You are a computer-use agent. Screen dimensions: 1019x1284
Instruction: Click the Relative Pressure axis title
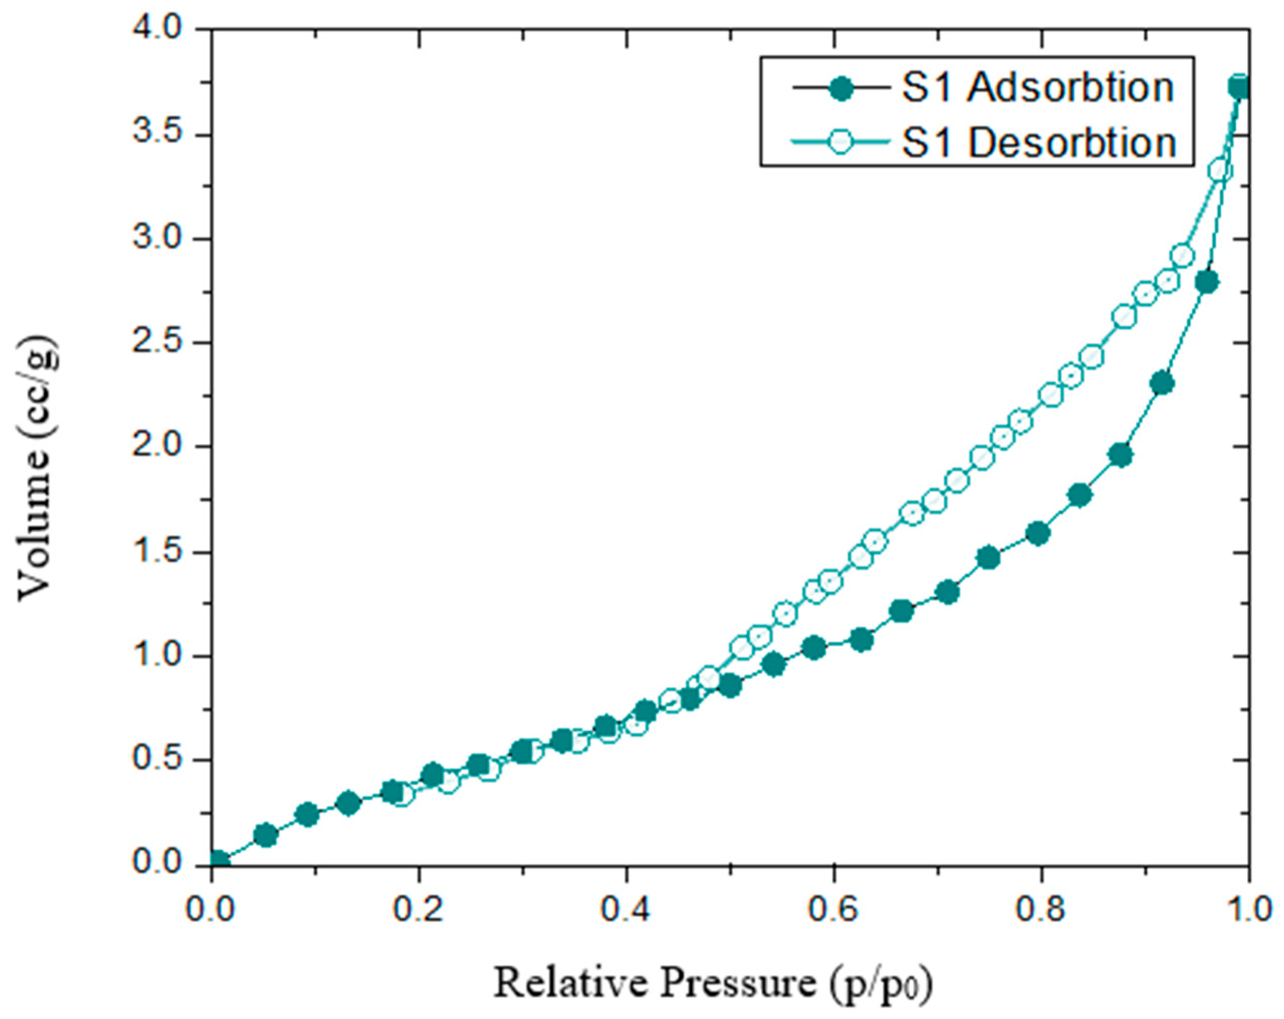[712, 983]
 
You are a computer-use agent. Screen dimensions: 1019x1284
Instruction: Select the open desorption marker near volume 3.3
[1220, 171]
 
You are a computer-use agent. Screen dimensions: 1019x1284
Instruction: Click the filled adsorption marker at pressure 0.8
[1038, 534]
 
